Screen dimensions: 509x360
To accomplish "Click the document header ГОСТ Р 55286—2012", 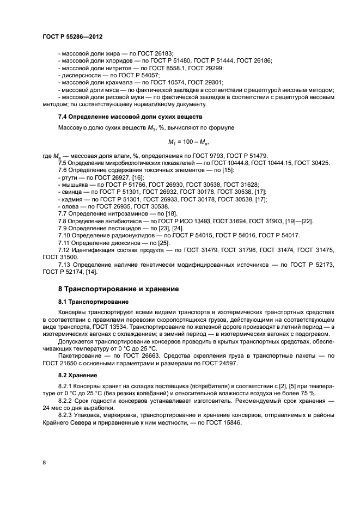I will [x=72, y=36].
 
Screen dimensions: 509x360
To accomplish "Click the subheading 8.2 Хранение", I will [x=78, y=375].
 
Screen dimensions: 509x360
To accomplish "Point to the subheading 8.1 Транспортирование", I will [x=93, y=302].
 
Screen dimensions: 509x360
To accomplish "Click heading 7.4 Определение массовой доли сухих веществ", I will [x=130, y=117].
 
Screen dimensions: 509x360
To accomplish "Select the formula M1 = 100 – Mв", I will [x=189, y=143].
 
